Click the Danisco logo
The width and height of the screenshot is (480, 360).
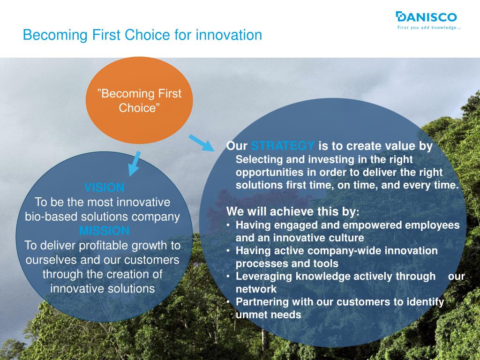click(428, 20)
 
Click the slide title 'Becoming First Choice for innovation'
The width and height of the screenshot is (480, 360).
click(142, 35)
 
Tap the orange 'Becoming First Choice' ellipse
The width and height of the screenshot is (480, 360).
click(139, 100)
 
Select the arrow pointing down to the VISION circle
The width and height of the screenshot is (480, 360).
click(134, 164)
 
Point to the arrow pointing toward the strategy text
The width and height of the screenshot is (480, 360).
click(201, 142)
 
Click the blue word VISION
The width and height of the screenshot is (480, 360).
click(104, 187)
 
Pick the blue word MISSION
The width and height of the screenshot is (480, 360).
click(104, 231)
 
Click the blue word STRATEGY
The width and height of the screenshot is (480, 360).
click(282, 146)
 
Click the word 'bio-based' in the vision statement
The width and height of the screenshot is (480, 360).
click(51, 217)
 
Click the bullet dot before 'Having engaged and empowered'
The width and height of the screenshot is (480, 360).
click(228, 225)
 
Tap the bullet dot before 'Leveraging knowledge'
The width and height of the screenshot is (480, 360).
click(228, 276)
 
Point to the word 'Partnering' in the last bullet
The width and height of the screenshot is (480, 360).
click(262, 302)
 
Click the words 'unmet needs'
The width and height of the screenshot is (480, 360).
click(268, 315)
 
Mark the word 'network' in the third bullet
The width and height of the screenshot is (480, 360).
click(256, 289)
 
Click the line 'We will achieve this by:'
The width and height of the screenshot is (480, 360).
click(293, 211)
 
